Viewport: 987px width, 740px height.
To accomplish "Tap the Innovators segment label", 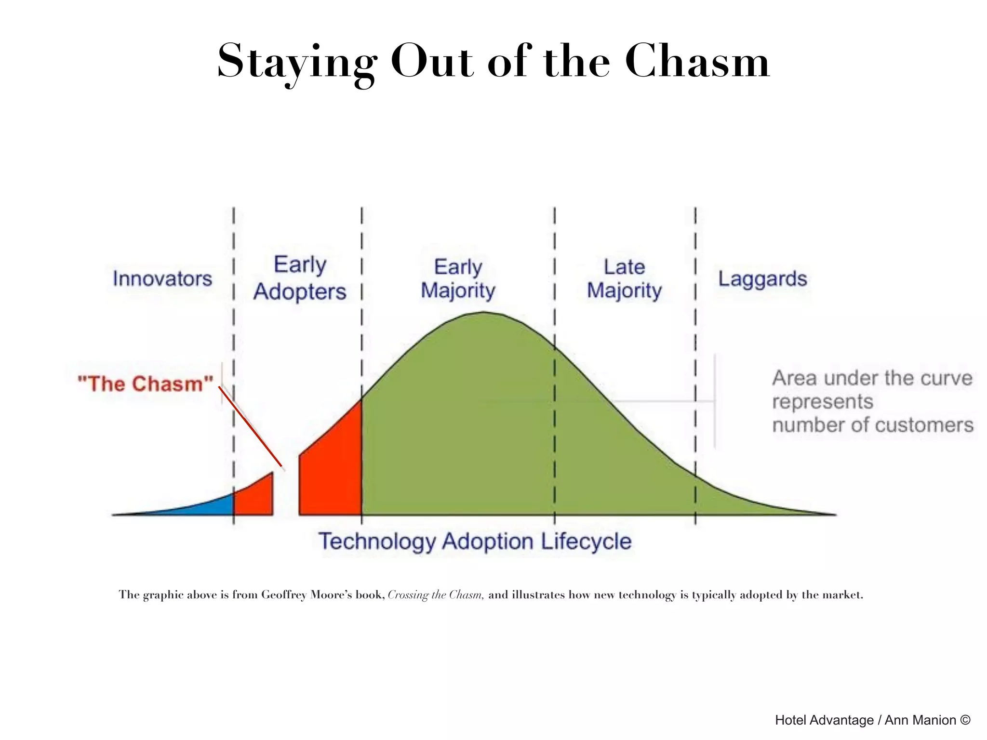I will click(162, 278).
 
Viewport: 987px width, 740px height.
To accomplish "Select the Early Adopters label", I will click(300, 278).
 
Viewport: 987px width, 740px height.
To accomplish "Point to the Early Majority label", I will click(458, 278).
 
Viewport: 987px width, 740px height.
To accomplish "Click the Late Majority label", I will click(624, 278).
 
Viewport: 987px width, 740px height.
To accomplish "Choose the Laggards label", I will click(762, 279).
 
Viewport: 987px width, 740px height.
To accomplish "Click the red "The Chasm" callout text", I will click(145, 384).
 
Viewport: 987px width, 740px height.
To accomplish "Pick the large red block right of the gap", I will click(333, 472).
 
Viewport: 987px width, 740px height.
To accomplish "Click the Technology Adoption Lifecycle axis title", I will click(475, 541).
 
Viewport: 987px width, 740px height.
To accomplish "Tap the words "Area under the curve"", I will click(872, 378).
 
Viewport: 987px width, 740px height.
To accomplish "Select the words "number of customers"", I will click(872, 425).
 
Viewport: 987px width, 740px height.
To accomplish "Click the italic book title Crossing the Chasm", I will click(435, 595).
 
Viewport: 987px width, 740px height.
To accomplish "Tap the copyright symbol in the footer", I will click(965, 719).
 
